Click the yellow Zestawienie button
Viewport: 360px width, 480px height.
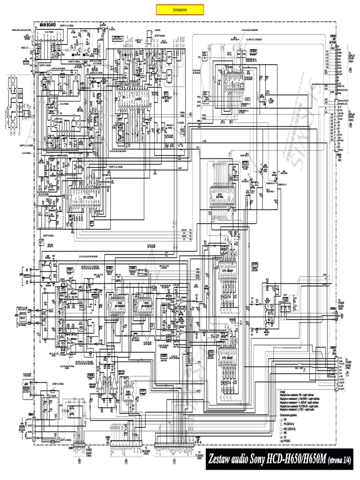click(180, 10)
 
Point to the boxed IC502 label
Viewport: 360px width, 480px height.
click(254, 51)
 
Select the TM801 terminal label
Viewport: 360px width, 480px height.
click(30, 401)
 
